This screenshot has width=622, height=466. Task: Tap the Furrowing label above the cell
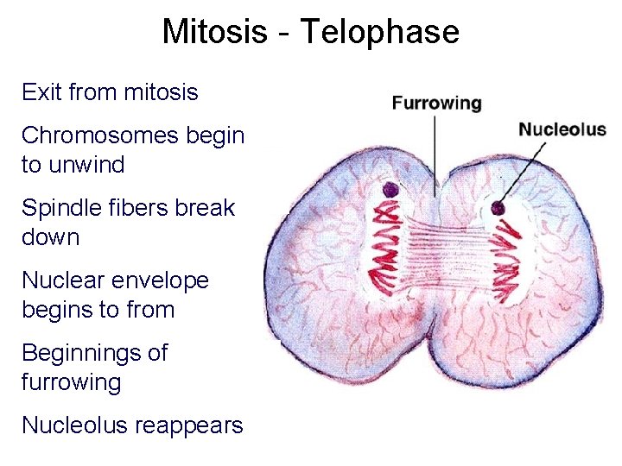[x=436, y=104]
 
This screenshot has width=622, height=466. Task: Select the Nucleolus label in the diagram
[x=562, y=130]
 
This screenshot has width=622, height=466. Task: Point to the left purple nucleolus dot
[x=390, y=189]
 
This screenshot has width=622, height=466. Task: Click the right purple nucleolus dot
[x=498, y=208]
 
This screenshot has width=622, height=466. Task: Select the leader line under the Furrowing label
[x=434, y=151]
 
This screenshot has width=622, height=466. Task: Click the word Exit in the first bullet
[x=40, y=91]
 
